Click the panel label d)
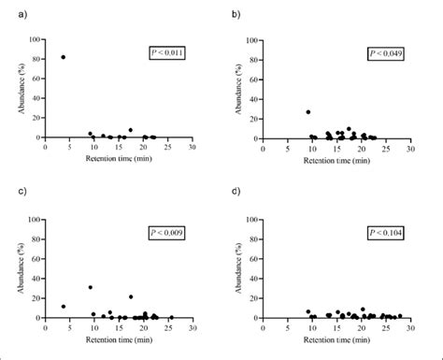[234, 194]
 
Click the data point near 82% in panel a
[64, 57]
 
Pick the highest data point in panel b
[308, 111]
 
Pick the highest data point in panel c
[90, 287]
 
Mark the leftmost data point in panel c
[64, 307]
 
